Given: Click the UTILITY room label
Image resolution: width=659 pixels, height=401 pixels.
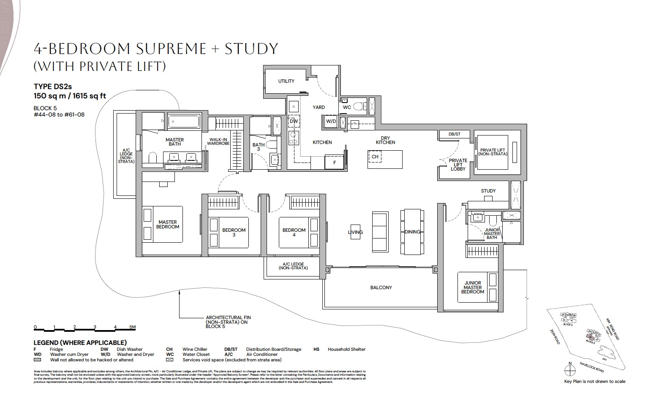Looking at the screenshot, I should (x=286, y=81).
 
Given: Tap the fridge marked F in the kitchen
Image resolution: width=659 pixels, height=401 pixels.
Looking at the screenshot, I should (x=335, y=162).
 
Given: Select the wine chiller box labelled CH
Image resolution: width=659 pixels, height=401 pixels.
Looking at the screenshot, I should (x=375, y=157).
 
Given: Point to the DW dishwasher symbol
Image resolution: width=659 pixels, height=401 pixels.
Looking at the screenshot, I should (x=294, y=122).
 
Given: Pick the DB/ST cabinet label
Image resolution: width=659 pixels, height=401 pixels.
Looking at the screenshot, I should (x=455, y=134).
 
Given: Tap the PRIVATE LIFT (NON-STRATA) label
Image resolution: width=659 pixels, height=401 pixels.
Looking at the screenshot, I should (x=493, y=152).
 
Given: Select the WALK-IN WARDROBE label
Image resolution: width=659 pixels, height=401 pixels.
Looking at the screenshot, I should (x=218, y=141).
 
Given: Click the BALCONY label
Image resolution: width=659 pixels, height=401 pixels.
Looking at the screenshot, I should (x=381, y=287).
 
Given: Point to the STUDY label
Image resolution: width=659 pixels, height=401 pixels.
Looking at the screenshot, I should (x=488, y=191).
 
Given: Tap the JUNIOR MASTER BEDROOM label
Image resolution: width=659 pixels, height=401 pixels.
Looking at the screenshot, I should (x=472, y=287).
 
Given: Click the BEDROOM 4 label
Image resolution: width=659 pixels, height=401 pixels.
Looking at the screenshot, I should (x=294, y=232).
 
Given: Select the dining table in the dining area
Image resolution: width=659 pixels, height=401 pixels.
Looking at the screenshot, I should (x=412, y=231).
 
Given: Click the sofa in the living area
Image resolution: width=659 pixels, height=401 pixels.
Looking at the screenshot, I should (x=379, y=231).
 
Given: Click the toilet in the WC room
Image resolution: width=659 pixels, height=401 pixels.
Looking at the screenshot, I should (x=359, y=107).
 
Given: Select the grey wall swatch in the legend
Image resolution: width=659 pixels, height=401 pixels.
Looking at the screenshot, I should (x=38, y=360).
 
